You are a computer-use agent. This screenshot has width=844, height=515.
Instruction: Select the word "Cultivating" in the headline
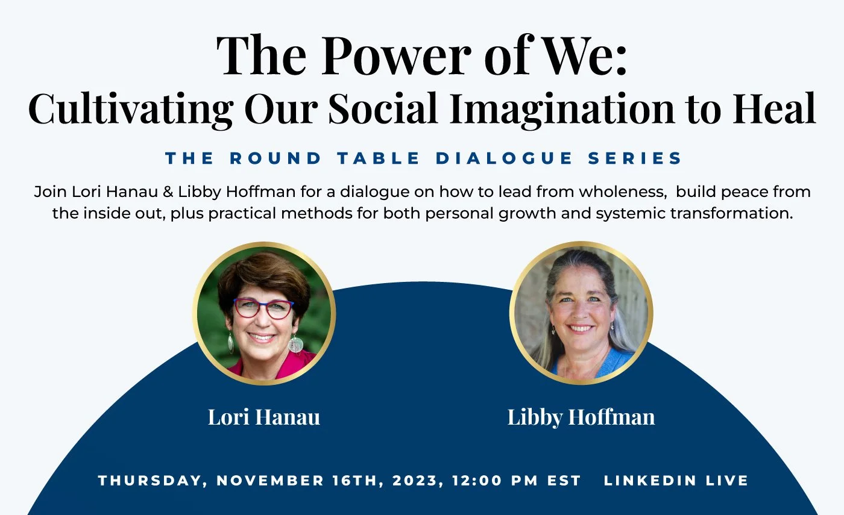click(130, 109)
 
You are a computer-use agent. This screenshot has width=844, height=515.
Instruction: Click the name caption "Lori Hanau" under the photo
click(264, 417)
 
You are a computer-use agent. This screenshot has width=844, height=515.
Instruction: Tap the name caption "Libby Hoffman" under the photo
click(581, 417)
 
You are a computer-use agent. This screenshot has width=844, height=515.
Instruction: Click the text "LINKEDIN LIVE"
click(676, 481)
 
